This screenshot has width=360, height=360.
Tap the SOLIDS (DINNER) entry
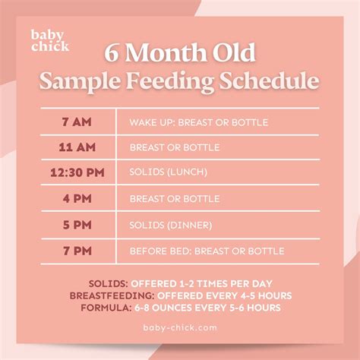tap(171, 225)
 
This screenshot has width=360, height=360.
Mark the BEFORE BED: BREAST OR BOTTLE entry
tap(207, 251)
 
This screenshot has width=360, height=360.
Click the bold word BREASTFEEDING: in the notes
tap(110, 295)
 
